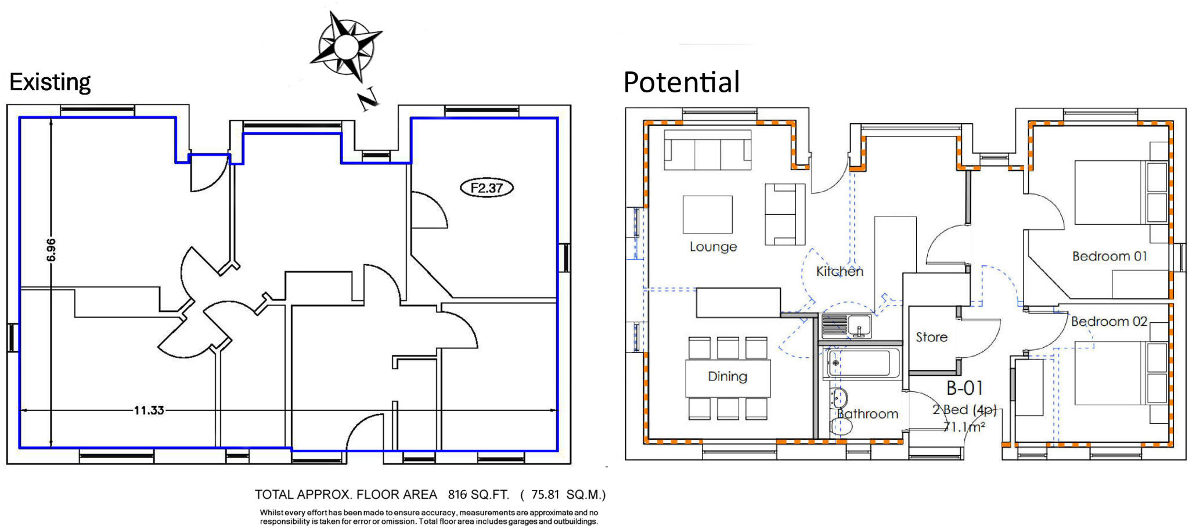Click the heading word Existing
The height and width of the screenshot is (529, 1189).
pos(50,82)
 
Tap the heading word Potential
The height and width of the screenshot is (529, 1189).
pos(681,82)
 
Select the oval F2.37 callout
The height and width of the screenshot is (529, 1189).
pos(487,188)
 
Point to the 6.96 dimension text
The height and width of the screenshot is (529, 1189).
pos(51,250)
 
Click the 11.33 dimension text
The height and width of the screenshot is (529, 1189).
pos(149,411)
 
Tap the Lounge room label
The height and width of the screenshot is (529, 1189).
pos(713,247)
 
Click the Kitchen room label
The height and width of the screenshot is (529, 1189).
pos(839,271)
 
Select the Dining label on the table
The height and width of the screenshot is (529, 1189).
pos(727,376)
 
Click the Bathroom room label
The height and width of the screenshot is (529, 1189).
pos(867,414)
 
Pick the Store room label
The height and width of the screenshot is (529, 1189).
pos(931,337)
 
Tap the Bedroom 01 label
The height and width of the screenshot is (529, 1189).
pos(1109,256)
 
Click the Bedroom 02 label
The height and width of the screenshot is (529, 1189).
pos(1109,321)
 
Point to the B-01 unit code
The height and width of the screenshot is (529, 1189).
pos(964,388)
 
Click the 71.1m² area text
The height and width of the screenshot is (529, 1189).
pos(964,427)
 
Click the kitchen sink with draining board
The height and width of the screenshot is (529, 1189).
pos(847,325)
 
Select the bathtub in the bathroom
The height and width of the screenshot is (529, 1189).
pos(862,363)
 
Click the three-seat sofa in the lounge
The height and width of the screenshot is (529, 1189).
pos(707,150)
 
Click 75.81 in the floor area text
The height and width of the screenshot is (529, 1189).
pos(545,495)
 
